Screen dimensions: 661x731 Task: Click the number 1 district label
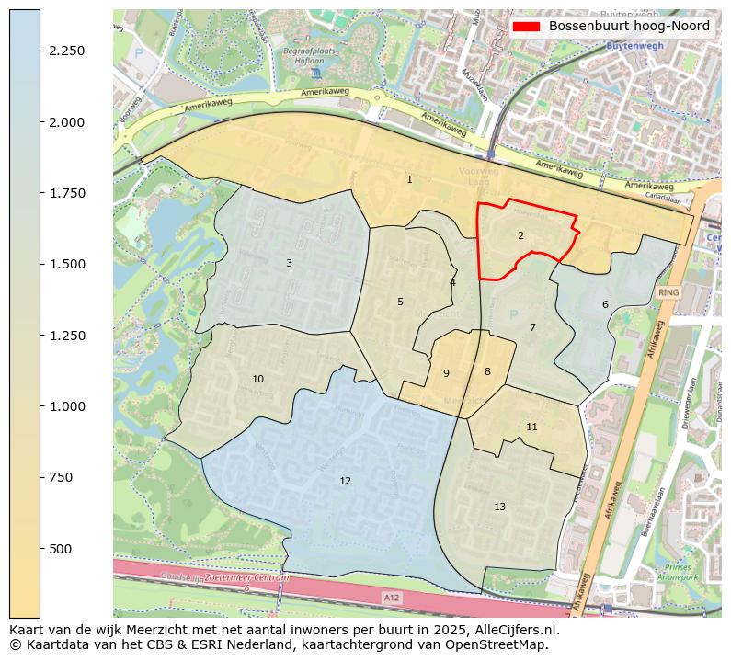pos(409,179)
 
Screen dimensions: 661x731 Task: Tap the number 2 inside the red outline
pos(520,235)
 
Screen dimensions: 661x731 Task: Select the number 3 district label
pos(289,263)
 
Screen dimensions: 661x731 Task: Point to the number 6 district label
pos(605,304)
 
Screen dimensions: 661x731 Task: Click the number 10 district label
pos(257,379)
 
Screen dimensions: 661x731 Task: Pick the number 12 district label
pos(345,481)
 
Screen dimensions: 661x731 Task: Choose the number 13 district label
pos(499,507)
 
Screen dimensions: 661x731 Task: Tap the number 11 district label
pos(531,427)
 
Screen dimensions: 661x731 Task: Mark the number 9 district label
pos(446,373)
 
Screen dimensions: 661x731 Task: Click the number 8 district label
pos(487,371)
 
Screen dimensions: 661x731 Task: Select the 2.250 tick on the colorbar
pos(69,51)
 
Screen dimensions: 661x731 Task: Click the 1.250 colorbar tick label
pos(69,336)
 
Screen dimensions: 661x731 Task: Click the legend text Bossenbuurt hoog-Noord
pos(629,27)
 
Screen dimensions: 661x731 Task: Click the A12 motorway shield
pos(392,598)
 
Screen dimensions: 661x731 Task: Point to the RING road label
pos(668,292)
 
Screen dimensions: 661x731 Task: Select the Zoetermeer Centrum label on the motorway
pos(247,578)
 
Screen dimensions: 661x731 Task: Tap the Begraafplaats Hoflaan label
pos(309,57)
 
